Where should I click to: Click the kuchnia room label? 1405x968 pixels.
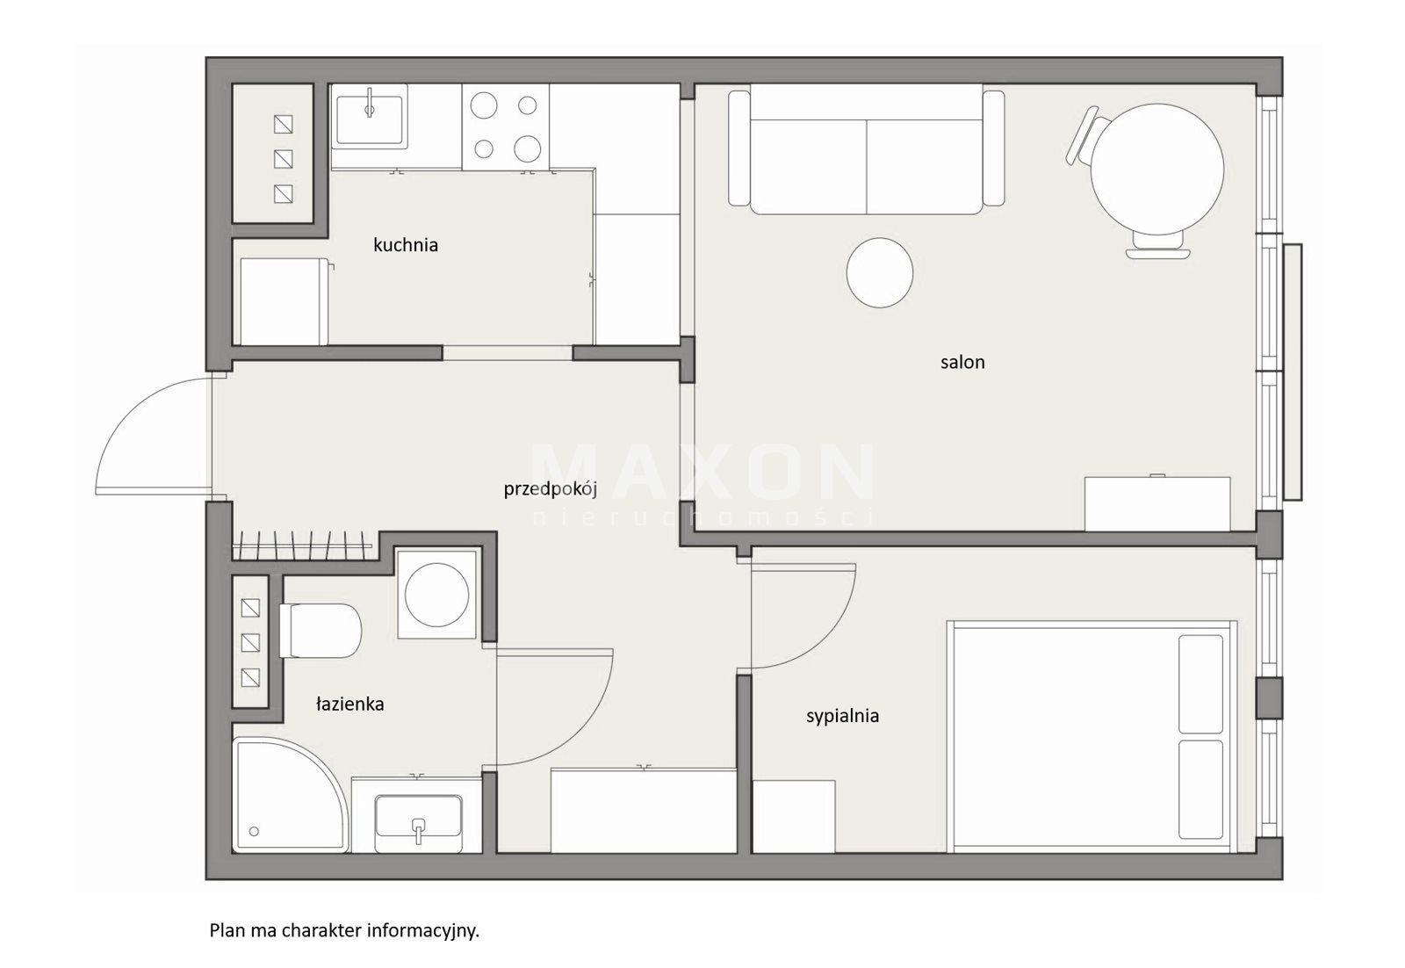coord(405,245)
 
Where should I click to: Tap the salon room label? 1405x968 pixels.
coord(962,362)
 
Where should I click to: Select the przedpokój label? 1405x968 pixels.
coord(550,489)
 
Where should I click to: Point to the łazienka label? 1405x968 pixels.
coord(349,704)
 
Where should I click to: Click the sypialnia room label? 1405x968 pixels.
coord(842,716)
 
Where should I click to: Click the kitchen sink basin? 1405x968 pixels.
coord(370,119)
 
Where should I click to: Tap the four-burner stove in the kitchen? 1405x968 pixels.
coord(506,126)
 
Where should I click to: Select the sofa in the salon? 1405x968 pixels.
coord(866,148)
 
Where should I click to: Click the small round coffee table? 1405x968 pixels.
coord(879,272)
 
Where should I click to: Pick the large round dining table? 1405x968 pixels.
coord(1157,170)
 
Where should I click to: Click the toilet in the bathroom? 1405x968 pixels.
coord(321,630)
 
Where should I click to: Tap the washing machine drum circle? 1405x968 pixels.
coord(436,594)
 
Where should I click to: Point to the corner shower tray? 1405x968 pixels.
coord(289,795)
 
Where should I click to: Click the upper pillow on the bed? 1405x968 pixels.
coord(1200,683)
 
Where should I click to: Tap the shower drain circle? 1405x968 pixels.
coord(254,832)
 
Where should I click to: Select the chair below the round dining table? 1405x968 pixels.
coord(1158,246)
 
